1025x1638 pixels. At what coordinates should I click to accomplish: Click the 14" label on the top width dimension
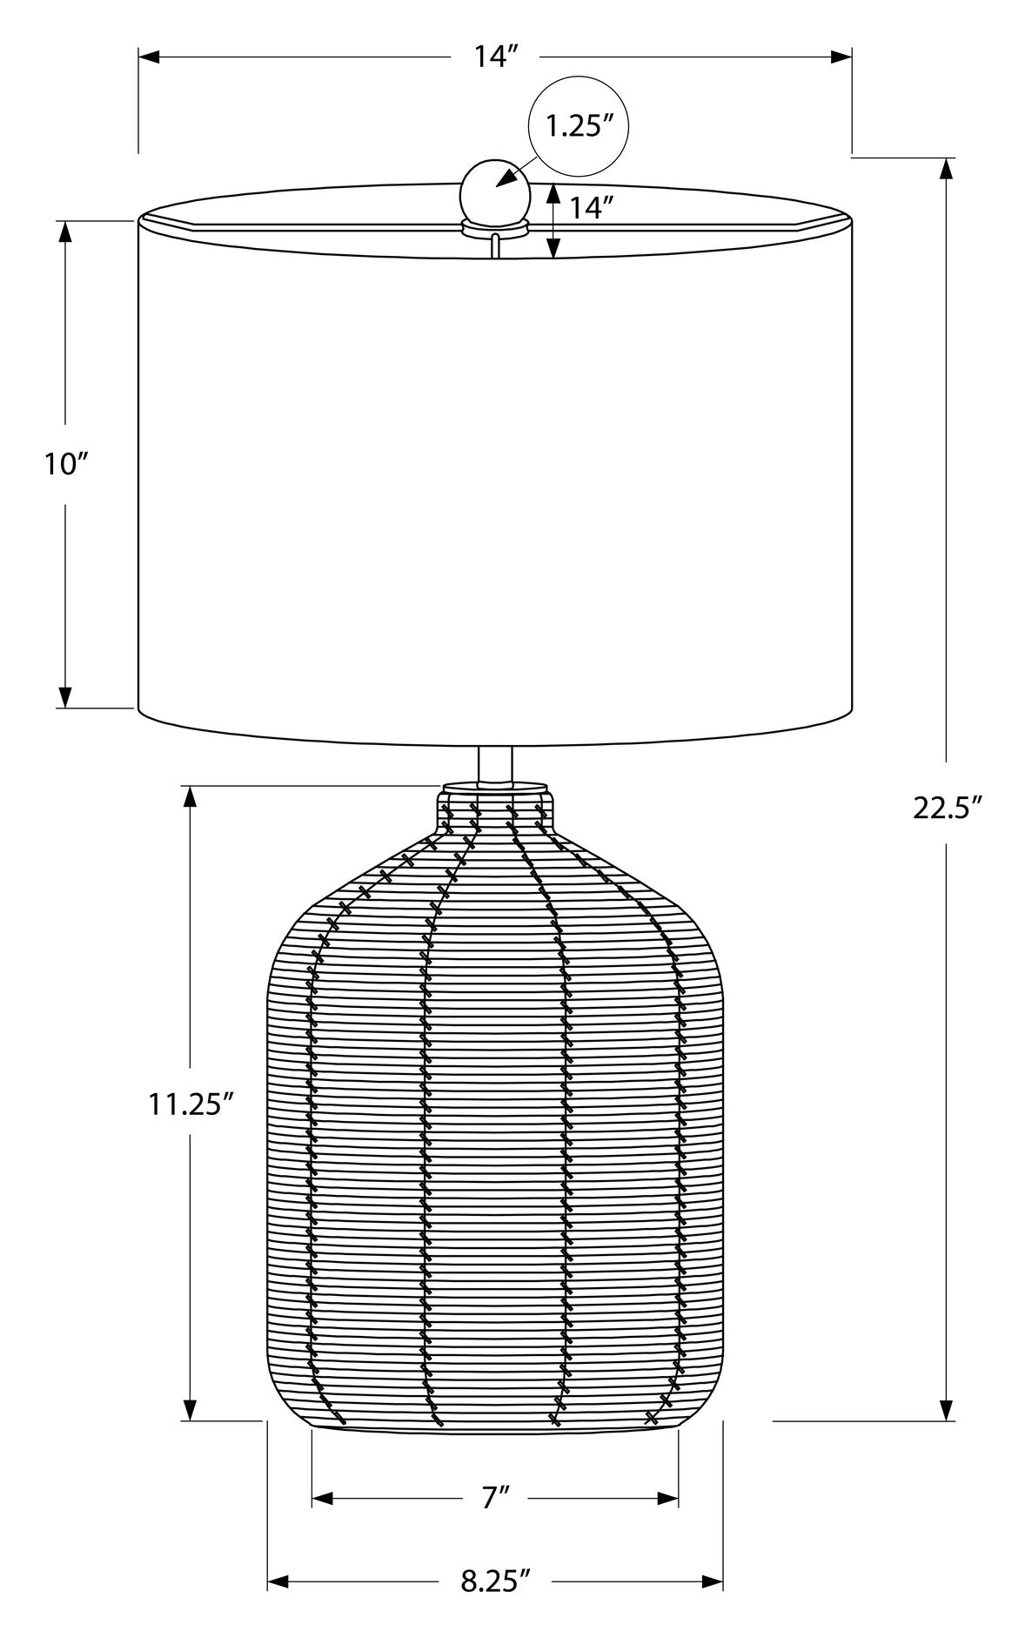[x=497, y=57]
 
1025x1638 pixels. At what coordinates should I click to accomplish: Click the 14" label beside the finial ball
[x=593, y=207]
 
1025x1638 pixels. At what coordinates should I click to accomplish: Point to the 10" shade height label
[x=67, y=464]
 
